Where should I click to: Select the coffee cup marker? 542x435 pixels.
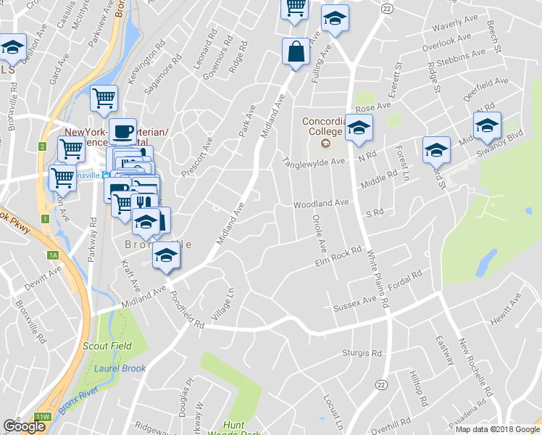pyautogui.click(x=123, y=132)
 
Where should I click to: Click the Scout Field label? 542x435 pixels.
pyautogui.click(x=107, y=346)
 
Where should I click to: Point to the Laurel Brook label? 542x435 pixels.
pyautogui.click(x=120, y=368)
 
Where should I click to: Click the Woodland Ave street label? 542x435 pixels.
pyautogui.click(x=322, y=204)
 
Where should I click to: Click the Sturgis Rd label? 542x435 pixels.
pyautogui.click(x=362, y=353)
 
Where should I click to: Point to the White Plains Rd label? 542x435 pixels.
pyautogui.click(x=376, y=279)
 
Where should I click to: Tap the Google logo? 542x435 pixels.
pyautogui.click(x=24, y=426)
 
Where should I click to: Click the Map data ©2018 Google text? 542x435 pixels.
pyautogui.click(x=497, y=429)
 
